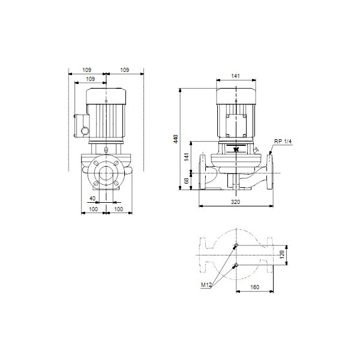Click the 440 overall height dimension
(176, 139)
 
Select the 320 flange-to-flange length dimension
(235, 202)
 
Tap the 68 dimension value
(187, 181)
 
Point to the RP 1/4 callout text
(283, 142)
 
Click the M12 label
(206, 285)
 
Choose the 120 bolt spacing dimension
(282, 254)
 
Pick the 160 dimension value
(254, 287)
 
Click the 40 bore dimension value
(92, 198)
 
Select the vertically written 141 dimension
(187, 157)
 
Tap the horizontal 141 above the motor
(235, 76)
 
